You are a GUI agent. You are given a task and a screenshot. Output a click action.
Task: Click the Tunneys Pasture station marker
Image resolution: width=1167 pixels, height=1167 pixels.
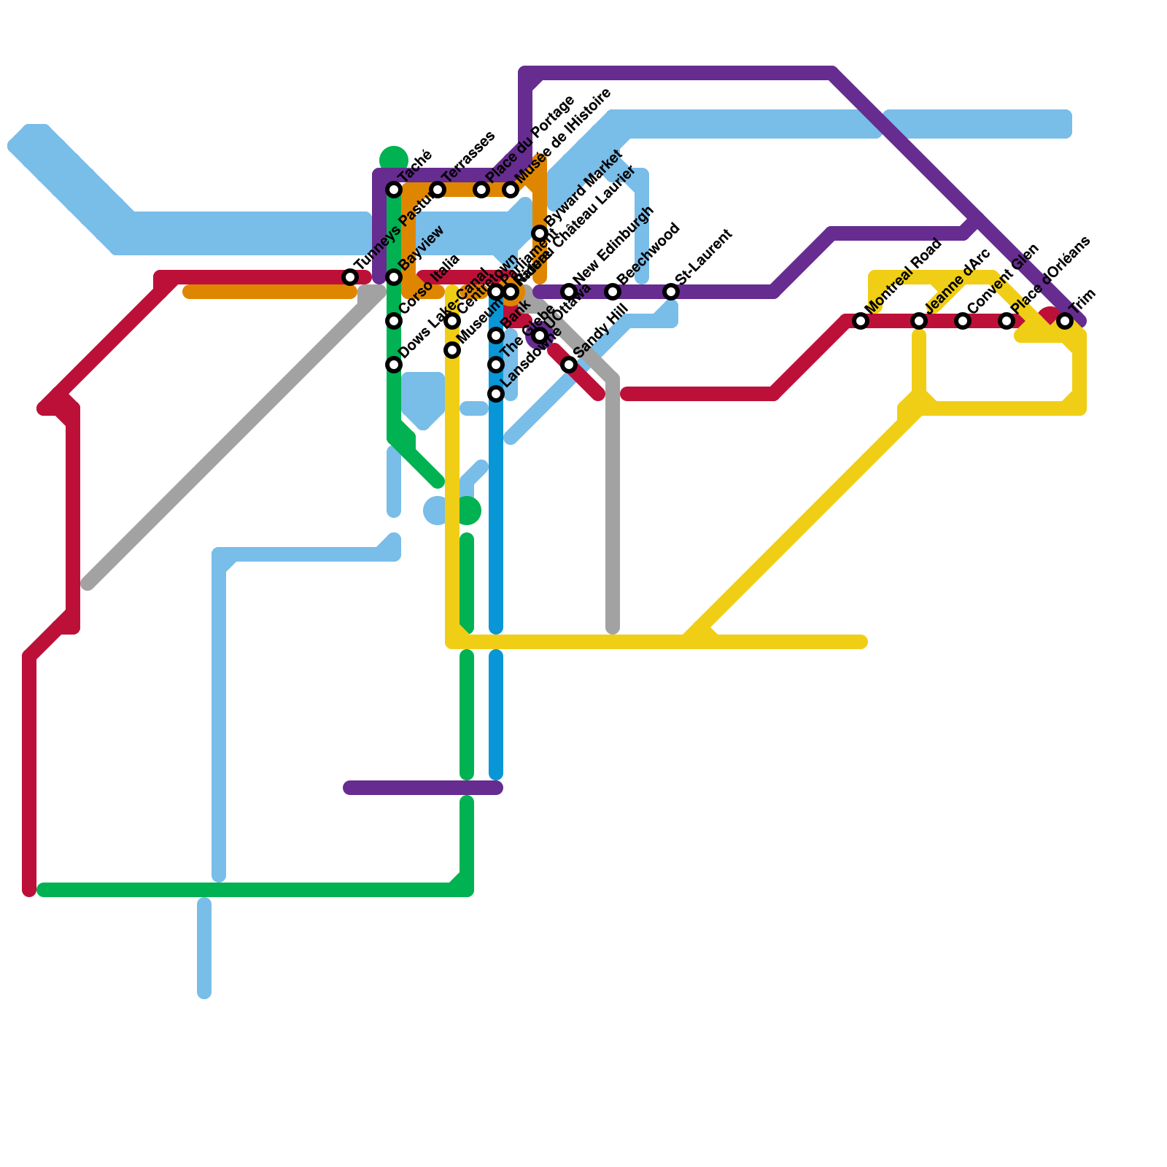350,277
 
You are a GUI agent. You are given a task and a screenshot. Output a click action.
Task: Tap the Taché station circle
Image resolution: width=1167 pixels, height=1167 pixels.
394,190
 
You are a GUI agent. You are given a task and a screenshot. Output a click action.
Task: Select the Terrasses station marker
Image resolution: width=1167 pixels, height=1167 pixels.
438,190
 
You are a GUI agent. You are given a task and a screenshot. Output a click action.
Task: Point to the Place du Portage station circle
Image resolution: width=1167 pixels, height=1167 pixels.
481,190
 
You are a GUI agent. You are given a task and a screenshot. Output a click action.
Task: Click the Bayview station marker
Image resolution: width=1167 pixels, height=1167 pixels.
394,277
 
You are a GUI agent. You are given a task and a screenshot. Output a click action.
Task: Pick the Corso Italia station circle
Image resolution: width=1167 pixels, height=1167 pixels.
394,321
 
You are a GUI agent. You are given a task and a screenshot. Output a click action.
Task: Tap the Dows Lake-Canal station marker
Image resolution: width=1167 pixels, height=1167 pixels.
394,365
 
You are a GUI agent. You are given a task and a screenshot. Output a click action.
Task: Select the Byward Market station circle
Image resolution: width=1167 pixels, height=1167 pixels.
540,233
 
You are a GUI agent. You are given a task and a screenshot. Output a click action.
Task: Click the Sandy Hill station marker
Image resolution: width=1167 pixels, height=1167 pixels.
569,365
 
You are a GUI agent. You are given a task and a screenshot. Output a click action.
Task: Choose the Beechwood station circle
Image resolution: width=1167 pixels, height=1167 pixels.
613,292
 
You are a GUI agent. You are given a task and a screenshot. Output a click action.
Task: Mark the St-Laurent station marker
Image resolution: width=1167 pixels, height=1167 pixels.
671,292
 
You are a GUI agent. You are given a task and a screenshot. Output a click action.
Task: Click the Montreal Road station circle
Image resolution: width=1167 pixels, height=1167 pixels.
861,321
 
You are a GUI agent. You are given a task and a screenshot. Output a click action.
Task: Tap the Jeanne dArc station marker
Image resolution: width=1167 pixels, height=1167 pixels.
919,321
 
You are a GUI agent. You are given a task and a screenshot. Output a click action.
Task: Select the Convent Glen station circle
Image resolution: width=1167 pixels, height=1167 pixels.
963,321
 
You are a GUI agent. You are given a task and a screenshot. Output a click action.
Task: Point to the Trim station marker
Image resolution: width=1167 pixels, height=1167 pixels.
1065,321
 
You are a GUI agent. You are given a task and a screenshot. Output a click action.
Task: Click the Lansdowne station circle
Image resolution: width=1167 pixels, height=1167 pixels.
496,394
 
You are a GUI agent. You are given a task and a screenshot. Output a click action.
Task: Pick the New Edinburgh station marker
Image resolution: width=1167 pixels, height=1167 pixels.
569,292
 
